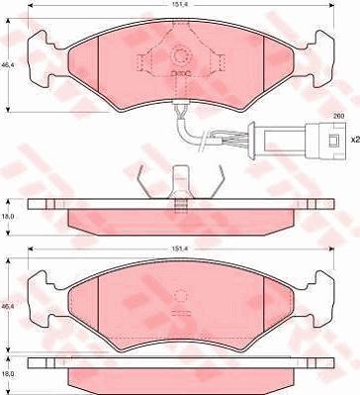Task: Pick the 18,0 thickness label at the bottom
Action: point(8,375)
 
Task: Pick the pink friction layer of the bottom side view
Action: point(181,379)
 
